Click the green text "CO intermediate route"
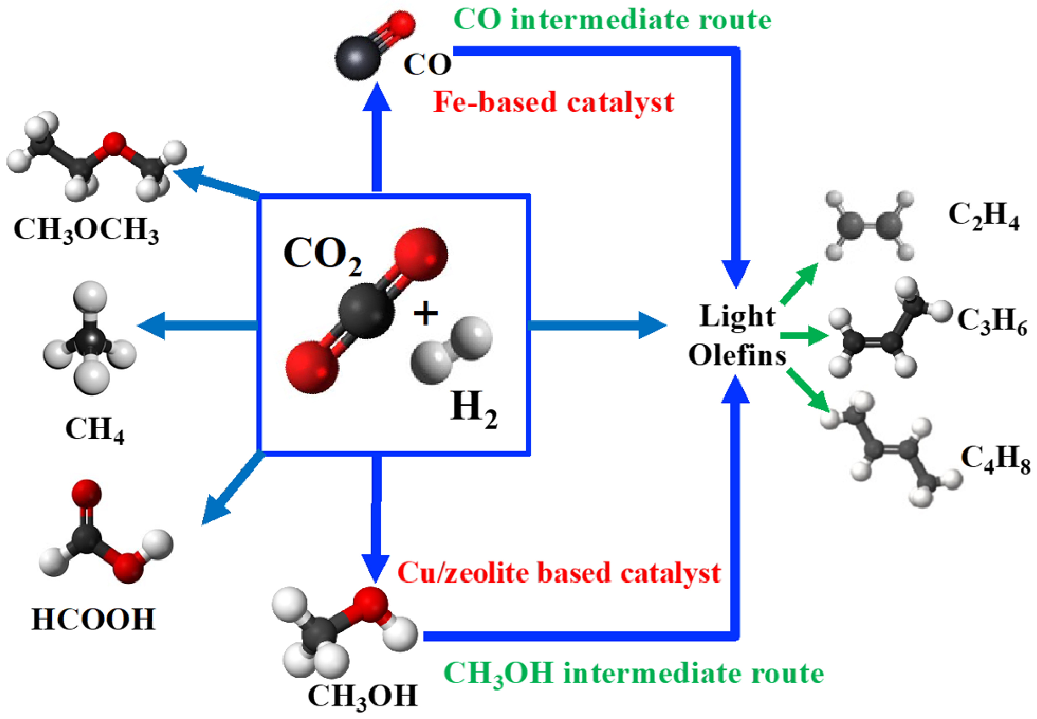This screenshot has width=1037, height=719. pos(613,20)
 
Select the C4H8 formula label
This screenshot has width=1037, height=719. pos(996,459)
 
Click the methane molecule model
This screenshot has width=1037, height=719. pos(90,340)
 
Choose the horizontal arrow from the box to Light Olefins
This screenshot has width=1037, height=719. pos(595,324)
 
